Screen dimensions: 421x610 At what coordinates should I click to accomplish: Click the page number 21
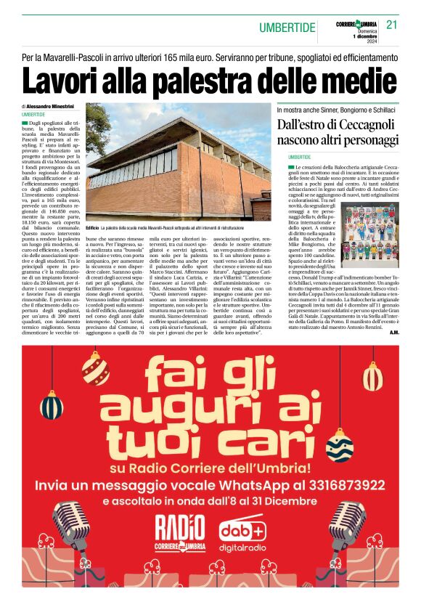click(392, 25)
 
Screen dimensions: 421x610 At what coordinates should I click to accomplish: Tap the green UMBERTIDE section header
click(287, 28)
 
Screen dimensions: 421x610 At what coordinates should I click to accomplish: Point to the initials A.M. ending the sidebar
click(393, 332)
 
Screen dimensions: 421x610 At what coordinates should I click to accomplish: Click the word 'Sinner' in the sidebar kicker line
click(323, 109)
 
